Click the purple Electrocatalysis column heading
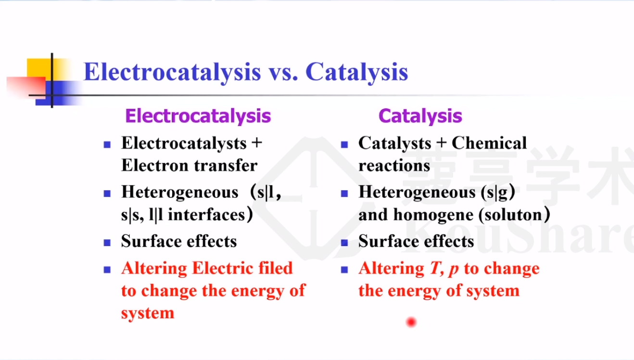click(198, 116)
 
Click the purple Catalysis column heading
click(420, 116)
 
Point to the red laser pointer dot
click(411, 322)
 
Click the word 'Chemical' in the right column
click(489, 143)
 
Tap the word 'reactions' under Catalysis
click(394, 166)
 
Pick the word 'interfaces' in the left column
click(207, 215)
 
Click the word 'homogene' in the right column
click(433, 215)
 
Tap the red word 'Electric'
click(222, 268)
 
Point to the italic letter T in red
click(434, 269)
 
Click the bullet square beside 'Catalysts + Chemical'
click(344, 145)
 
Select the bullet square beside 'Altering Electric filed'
click(107, 270)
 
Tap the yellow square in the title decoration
click(39, 68)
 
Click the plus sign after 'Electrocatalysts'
click(257, 142)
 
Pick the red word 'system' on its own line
click(148, 313)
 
